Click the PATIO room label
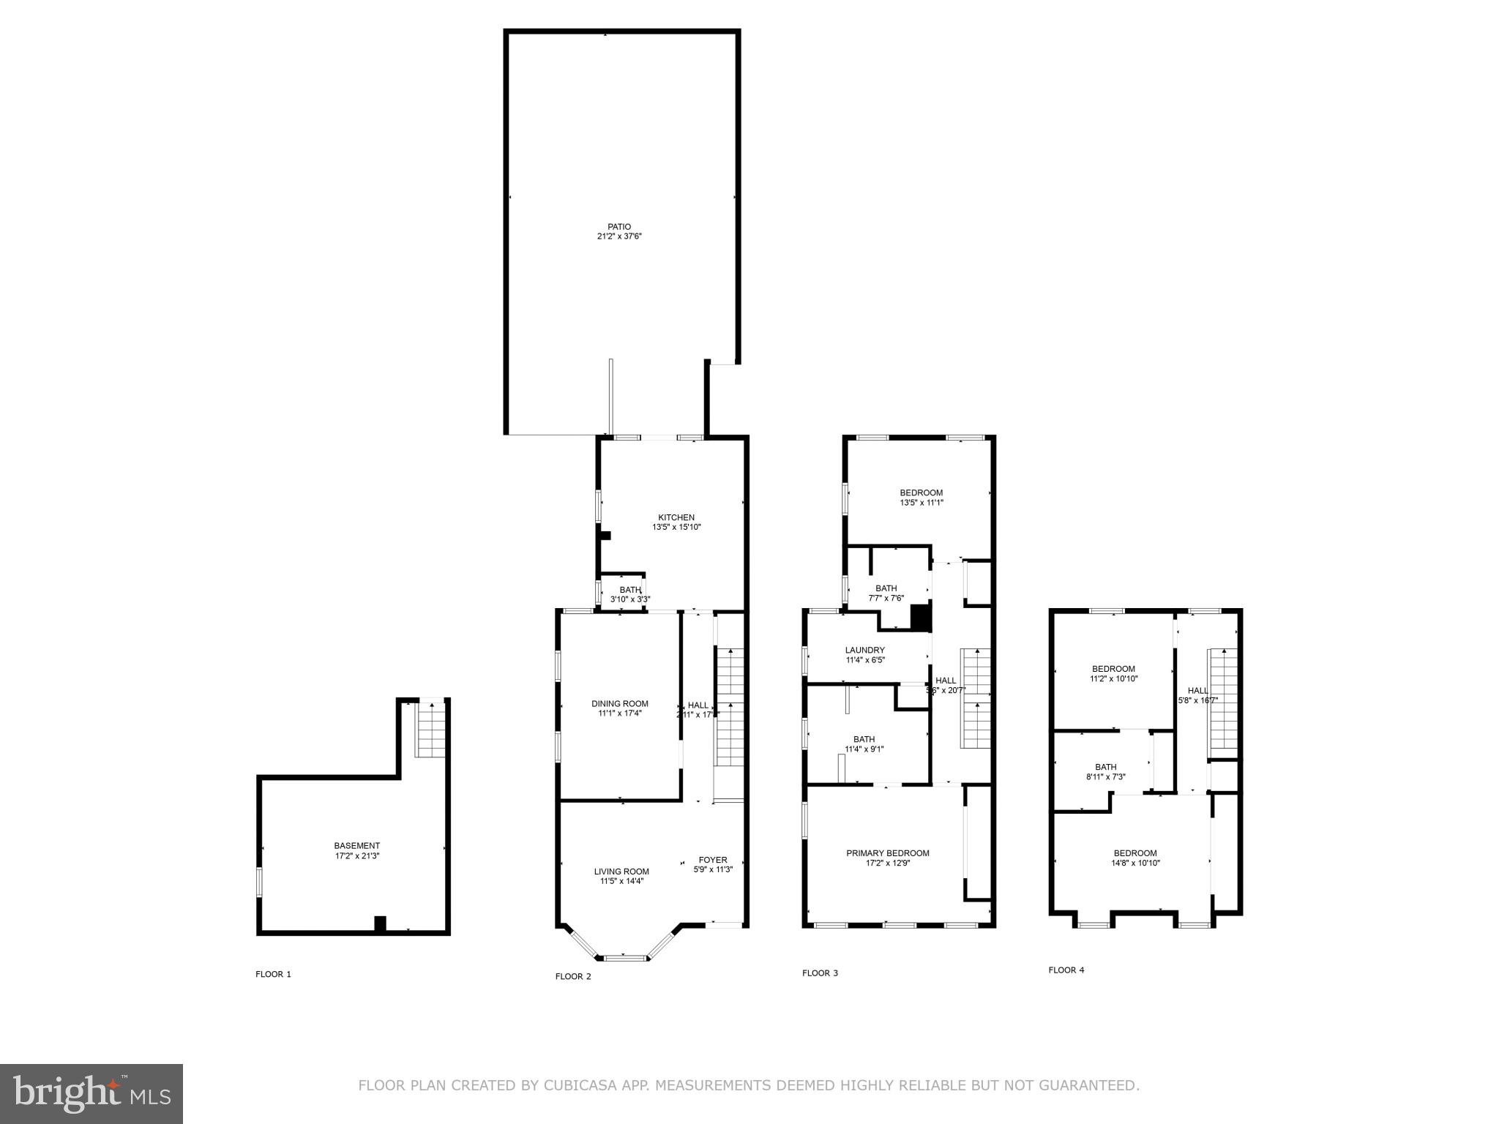(x=619, y=227)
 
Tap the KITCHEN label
(x=676, y=517)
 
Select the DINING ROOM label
(x=620, y=704)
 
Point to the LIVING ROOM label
(x=621, y=872)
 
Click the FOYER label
(x=713, y=860)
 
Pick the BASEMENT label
(x=357, y=846)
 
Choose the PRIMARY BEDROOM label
(x=888, y=853)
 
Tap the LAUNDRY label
(x=865, y=650)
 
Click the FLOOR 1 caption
(x=273, y=974)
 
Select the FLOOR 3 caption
(x=820, y=973)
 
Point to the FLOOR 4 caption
(x=1066, y=970)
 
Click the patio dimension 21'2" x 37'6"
(x=619, y=236)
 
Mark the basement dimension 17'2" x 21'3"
(x=357, y=855)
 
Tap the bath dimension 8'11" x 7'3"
(x=1106, y=777)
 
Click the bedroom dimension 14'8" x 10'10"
(x=1135, y=863)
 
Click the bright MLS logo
(x=91, y=1093)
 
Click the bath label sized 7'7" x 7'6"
(x=886, y=588)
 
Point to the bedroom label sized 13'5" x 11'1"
(x=922, y=492)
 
